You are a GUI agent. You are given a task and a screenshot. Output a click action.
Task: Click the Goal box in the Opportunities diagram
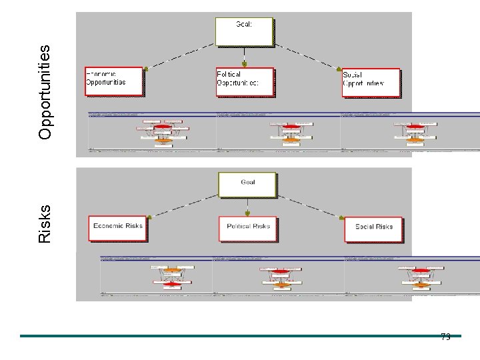(244, 31)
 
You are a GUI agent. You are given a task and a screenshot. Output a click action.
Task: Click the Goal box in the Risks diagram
(247, 185)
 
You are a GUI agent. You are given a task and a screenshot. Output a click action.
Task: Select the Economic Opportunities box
(114, 81)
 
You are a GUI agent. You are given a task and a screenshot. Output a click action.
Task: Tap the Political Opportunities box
(245, 82)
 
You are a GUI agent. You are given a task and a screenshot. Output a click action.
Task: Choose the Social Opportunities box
(371, 83)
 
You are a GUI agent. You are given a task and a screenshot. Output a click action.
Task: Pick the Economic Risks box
(117, 228)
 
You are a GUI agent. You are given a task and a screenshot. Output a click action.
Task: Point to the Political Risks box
(248, 229)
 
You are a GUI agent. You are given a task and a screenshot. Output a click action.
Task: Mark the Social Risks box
(373, 229)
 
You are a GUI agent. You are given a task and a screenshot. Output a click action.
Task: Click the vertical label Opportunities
(45, 92)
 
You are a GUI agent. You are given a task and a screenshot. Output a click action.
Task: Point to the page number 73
(445, 337)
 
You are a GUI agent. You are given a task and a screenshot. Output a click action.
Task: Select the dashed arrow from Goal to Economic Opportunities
(181, 56)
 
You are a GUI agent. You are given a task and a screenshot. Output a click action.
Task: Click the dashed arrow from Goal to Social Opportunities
(307, 56)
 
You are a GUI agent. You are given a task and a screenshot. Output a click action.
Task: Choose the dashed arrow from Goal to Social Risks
(310, 207)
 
